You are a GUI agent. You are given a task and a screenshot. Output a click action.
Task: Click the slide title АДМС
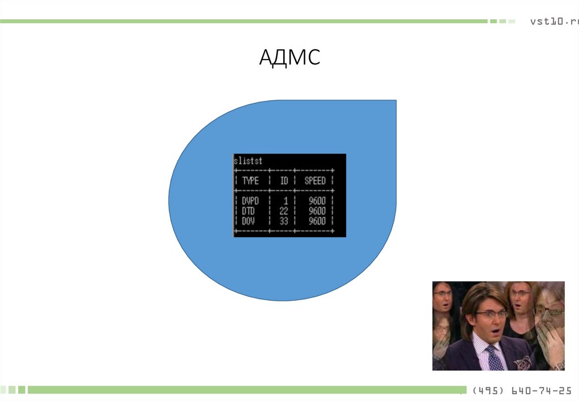coord(289,57)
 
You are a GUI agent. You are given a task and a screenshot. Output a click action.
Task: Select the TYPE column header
coord(250,181)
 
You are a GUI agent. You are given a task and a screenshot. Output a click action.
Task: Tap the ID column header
coord(284,181)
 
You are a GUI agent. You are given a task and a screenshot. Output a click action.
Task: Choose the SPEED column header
coord(315,181)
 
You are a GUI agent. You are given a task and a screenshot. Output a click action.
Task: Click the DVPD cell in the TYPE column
coord(250,200)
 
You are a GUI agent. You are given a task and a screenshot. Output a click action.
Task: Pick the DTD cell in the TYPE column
coord(248,211)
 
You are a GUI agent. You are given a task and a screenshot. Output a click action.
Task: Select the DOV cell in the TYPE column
coord(248,221)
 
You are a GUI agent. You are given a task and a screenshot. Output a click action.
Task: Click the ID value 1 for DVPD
coord(286,200)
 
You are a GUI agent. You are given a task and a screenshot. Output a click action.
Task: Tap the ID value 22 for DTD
coord(284,211)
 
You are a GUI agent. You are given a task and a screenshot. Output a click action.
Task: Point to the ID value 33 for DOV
coord(284,221)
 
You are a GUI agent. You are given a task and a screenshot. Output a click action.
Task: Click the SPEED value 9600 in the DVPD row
coord(317,200)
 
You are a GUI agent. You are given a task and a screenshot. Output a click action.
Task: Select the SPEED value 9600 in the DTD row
coord(317,211)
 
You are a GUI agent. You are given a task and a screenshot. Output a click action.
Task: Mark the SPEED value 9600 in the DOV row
coord(317,221)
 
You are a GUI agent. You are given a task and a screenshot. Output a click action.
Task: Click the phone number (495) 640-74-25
coord(521,391)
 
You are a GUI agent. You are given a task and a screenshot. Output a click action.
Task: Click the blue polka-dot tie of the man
coord(494,359)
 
